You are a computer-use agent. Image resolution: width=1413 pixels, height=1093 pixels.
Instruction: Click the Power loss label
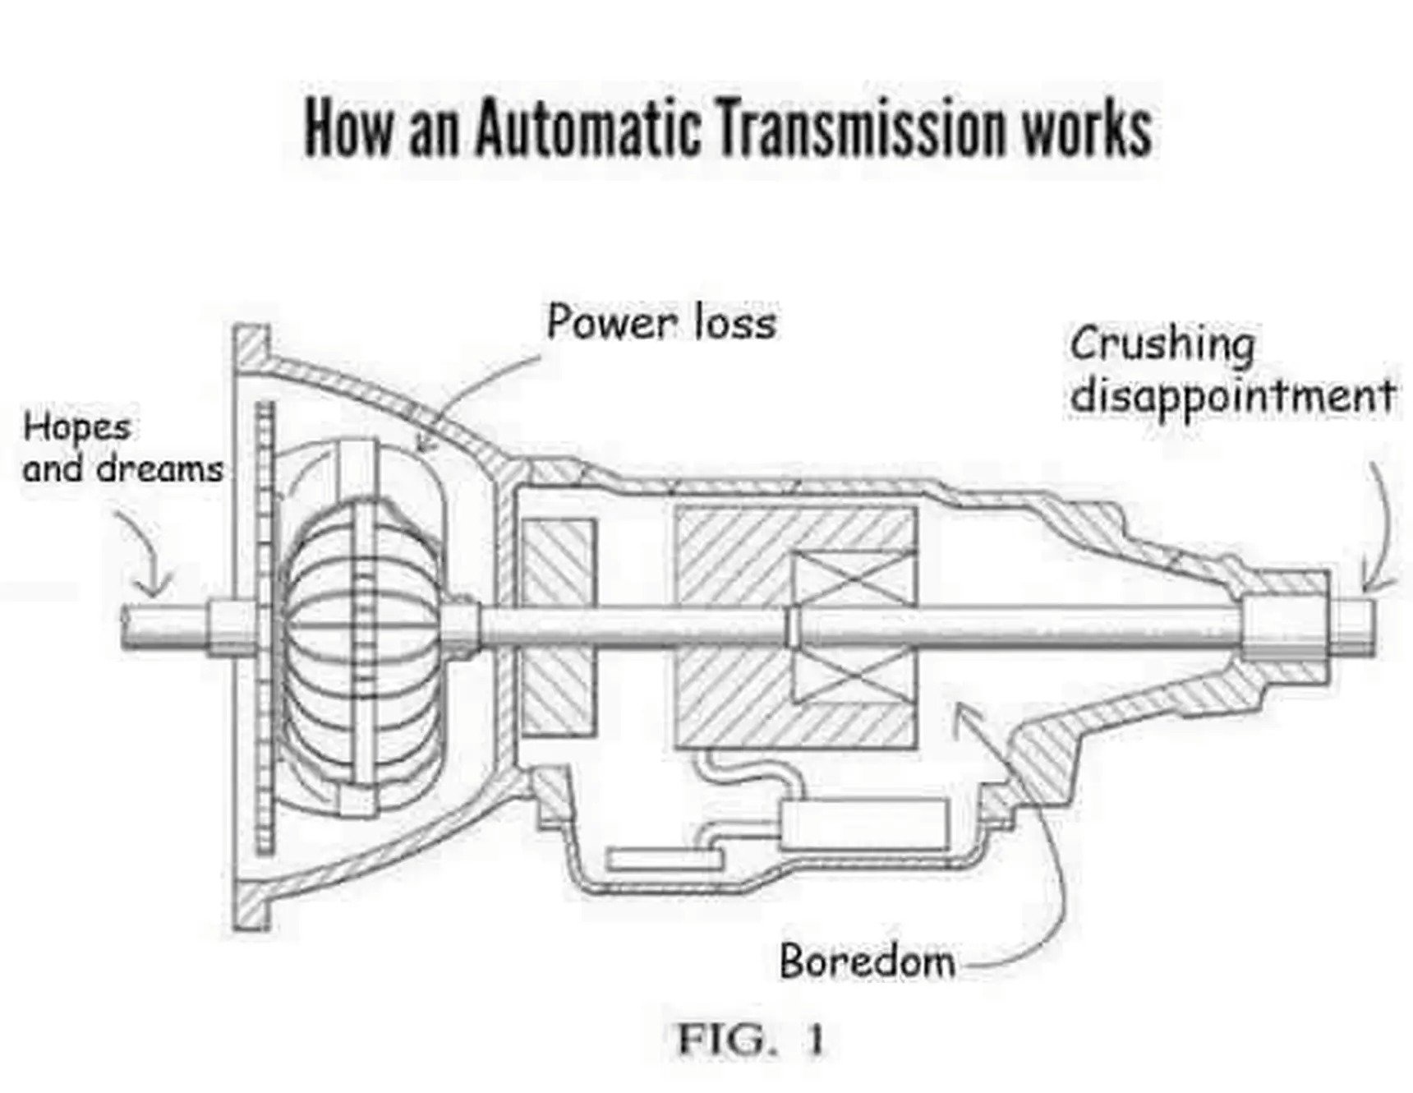click(661, 322)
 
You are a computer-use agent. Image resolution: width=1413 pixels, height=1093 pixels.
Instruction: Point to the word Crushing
click(1162, 345)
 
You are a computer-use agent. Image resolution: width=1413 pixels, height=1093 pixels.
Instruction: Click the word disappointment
click(1232, 395)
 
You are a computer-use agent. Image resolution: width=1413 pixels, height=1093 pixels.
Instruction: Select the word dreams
click(160, 469)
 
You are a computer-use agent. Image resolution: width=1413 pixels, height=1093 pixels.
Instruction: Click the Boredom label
click(868, 960)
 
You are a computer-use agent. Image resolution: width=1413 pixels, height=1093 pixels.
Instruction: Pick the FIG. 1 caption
click(749, 1040)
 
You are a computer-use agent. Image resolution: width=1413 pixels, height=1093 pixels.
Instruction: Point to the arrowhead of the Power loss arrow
click(421, 449)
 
